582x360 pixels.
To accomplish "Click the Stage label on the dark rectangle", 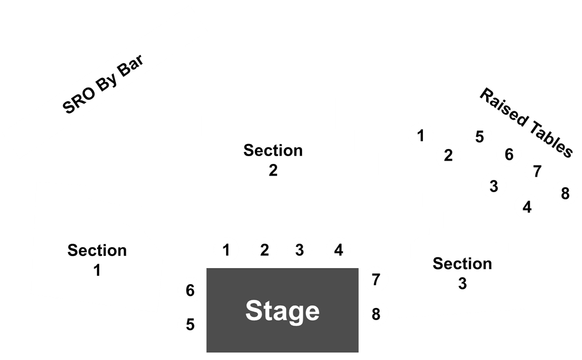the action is click(x=283, y=311).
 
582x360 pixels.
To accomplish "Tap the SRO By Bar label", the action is click(x=103, y=84).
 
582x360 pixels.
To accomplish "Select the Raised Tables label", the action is click(x=527, y=123).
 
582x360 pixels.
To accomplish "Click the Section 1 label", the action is click(x=97, y=260).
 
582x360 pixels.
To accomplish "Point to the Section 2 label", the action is click(x=273, y=160).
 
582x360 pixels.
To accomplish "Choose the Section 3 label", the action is click(x=462, y=274).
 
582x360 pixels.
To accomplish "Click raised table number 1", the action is click(x=421, y=136).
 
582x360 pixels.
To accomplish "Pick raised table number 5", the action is click(x=479, y=137).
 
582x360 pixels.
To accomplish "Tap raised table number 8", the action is click(x=565, y=193).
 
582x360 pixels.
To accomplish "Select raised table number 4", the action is click(x=527, y=207).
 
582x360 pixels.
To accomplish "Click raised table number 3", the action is click(x=494, y=187).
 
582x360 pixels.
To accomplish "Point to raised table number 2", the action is click(x=448, y=155).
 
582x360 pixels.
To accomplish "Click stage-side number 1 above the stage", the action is click(x=226, y=250).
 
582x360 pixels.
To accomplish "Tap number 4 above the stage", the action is click(x=339, y=250).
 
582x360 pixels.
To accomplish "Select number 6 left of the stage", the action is click(x=190, y=290).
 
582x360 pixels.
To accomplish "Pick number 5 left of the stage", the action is click(x=190, y=325).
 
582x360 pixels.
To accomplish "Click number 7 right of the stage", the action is click(x=376, y=280).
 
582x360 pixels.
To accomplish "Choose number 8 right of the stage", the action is click(x=376, y=315).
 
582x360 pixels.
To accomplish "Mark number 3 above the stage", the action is click(x=299, y=250).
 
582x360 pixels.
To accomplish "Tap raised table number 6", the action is click(x=509, y=155).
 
